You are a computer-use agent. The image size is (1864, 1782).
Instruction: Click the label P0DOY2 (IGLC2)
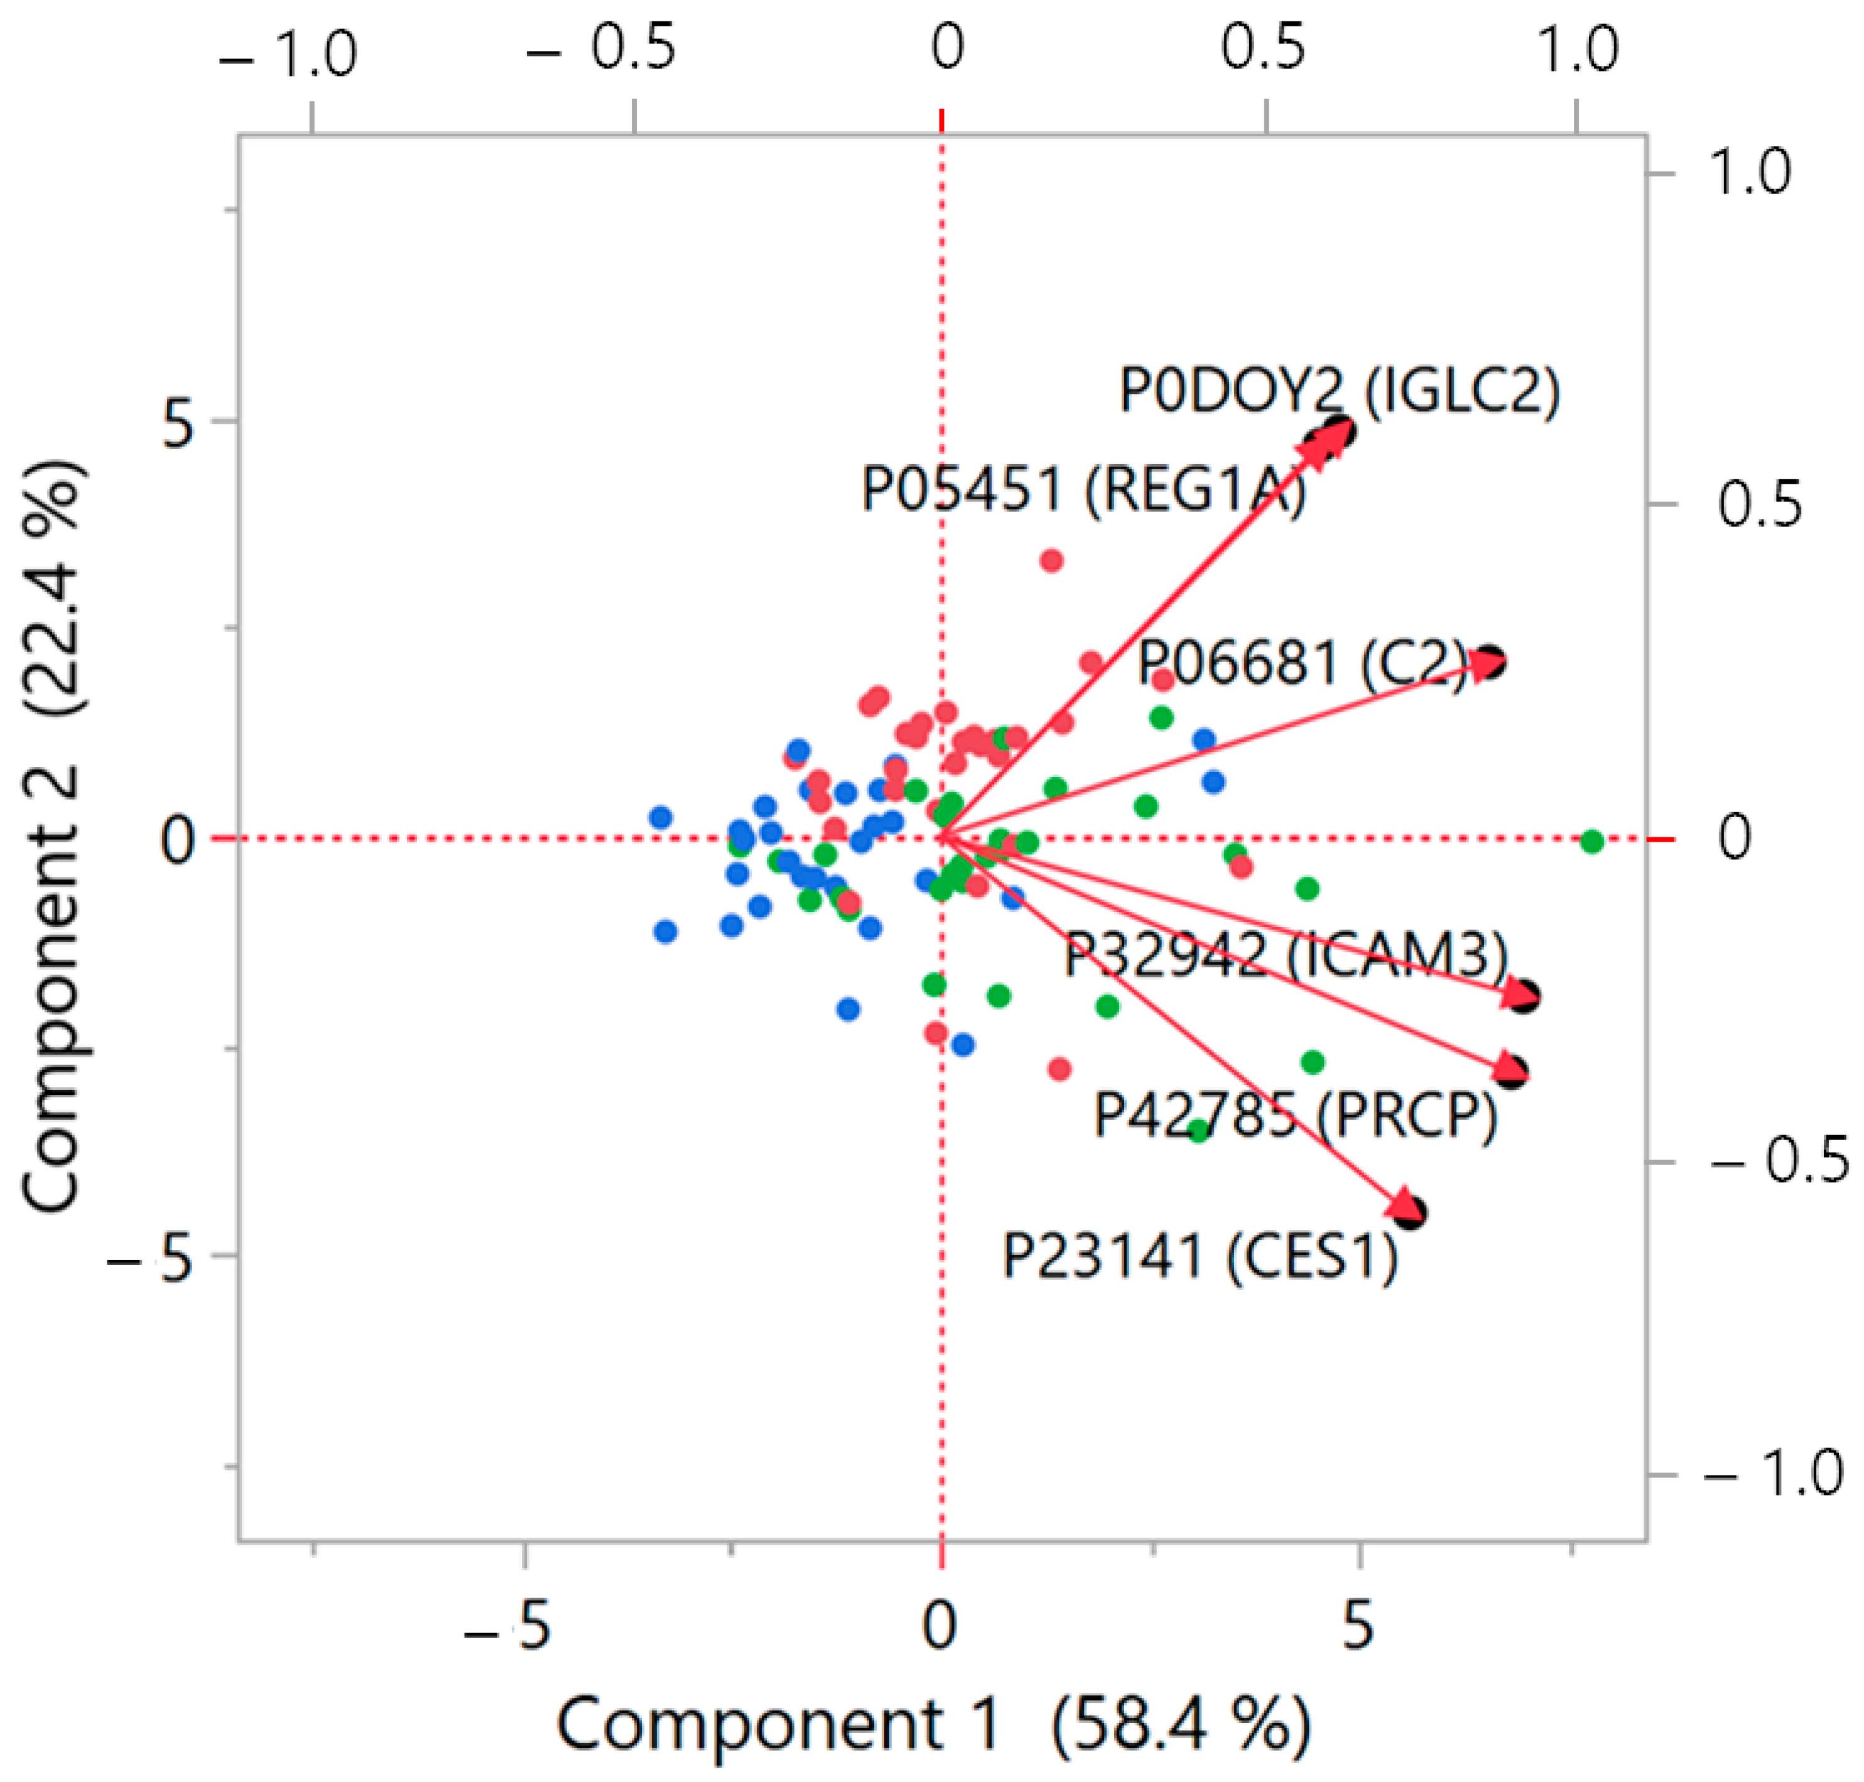pos(1339,389)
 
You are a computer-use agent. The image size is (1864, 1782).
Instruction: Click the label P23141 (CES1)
pos(1200,1257)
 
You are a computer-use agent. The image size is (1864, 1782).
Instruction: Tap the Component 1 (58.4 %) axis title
pos(933,1725)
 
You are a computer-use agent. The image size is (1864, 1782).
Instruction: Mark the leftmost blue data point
pos(661,817)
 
